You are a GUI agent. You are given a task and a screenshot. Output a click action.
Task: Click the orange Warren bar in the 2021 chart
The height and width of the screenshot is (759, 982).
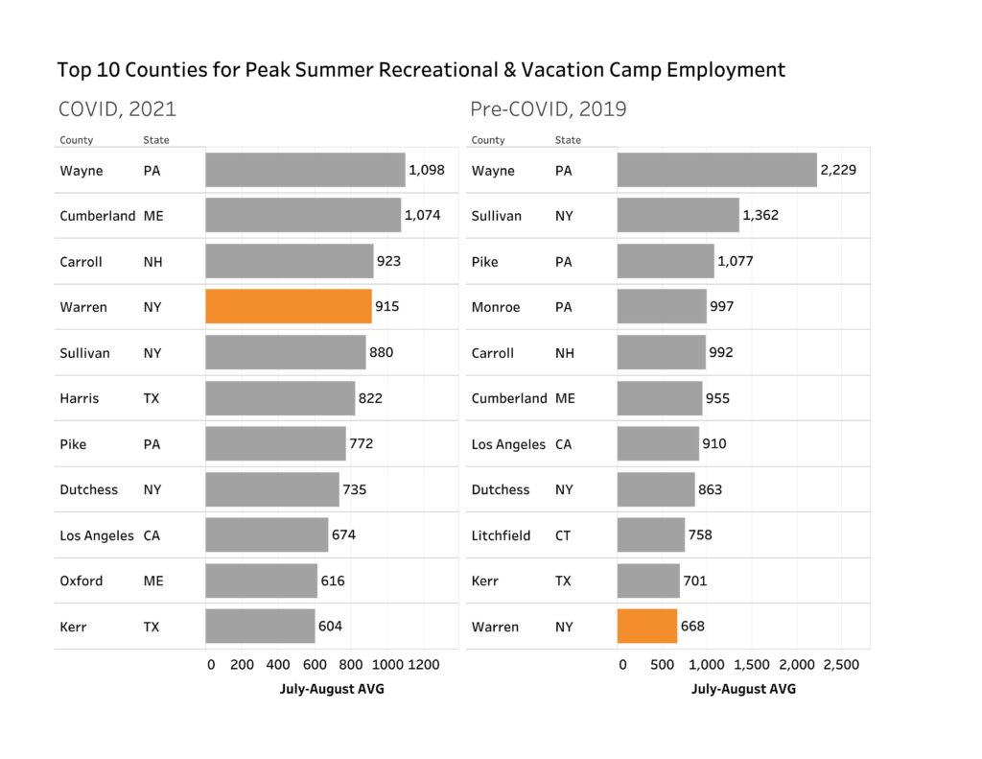point(289,307)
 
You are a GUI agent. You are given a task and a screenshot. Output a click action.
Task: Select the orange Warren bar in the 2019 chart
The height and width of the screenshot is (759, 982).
point(647,627)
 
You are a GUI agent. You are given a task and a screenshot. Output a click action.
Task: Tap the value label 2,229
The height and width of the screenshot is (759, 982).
point(837,170)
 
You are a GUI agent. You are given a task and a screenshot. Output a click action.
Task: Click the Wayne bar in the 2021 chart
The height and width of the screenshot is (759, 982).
point(305,170)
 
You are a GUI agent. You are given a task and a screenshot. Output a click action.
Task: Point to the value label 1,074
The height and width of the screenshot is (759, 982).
point(422,216)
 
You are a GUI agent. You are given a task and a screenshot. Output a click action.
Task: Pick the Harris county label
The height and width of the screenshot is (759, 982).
point(79,398)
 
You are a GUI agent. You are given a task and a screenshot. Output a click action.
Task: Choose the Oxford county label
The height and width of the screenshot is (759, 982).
point(81,581)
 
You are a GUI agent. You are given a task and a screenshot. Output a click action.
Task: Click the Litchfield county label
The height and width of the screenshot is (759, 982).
point(501,535)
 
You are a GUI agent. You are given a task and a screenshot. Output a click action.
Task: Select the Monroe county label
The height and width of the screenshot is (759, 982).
point(496,307)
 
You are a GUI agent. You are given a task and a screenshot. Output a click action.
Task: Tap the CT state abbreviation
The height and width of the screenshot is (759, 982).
point(563,535)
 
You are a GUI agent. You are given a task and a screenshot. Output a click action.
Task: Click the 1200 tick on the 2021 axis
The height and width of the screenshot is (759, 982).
point(424,664)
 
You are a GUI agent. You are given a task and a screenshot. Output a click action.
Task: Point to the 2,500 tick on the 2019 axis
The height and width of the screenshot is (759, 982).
point(841,664)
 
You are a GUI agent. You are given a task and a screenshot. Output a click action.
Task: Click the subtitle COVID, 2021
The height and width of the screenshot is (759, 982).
point(117,108)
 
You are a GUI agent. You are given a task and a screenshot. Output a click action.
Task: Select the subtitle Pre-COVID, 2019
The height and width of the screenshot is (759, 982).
point(549,108)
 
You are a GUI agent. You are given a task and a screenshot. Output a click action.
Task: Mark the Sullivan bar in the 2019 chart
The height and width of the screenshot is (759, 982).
point(678,216)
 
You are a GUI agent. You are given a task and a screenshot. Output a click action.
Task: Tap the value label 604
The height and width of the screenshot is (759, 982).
point(330,627)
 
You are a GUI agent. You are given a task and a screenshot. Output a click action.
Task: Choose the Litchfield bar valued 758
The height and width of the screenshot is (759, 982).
point(651,535)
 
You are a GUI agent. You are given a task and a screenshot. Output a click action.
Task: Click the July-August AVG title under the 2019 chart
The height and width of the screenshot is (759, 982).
point(743,689)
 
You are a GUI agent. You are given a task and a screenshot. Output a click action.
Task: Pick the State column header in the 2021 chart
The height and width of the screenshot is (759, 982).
point(156,140)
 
